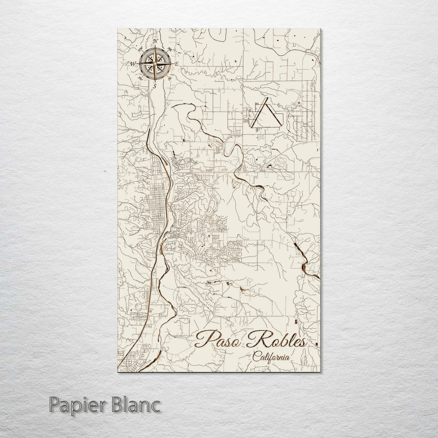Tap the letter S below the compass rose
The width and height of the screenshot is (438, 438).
(x=155, y=86)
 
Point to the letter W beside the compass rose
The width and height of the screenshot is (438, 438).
(x=132, y=63)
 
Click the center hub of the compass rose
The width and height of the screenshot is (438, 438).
(x=155, y=63)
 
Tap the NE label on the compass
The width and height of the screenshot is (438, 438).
(x=170, y=49)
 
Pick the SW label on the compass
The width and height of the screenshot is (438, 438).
(x=140, y=78)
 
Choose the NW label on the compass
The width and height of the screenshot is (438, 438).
(x=140, y=49)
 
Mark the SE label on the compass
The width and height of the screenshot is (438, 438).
(x=170, y=78)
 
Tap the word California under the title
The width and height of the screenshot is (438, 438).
(x=271, y=357)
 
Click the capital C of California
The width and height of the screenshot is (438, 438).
(x=255, y=357)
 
